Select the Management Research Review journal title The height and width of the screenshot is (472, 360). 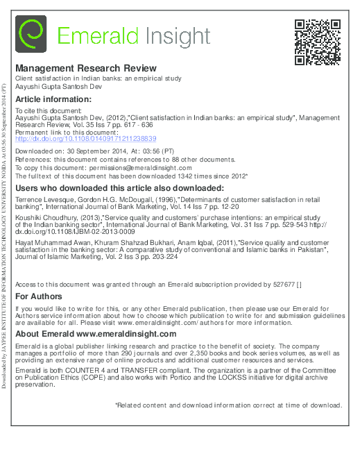pos(86,69)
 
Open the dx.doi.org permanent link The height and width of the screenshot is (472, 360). pos(86,139)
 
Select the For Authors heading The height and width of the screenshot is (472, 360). pos(39,296)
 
